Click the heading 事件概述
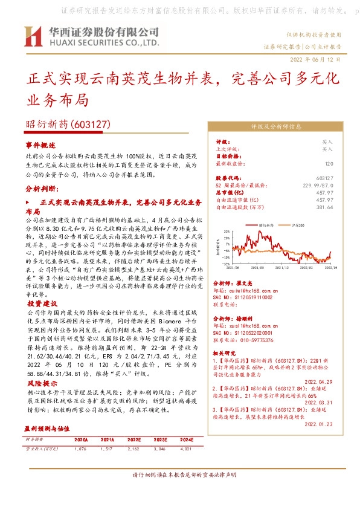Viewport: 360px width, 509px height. [x=40, y=146]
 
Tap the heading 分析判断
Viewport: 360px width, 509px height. [x=40, y=189]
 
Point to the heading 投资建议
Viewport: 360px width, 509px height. [x=41, y=303]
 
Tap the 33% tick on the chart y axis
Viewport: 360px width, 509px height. [x=226, y=231]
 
